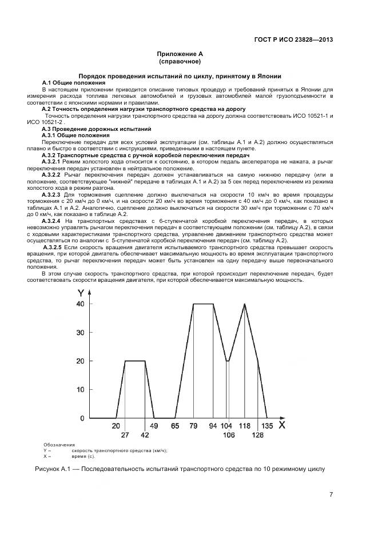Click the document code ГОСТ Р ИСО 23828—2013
pos(293,40)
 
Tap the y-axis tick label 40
pos(80,304)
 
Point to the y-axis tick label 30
pos(80,333)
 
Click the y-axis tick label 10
pos(80,390)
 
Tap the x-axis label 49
pos(154,426)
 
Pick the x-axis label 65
pos(175,426)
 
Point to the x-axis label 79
pos(193,426)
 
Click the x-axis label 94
pos(213,426)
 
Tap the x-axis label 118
pos(244,426)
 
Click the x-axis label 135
pos(267,426)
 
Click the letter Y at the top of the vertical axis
pos(81,292)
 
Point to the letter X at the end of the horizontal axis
pos(281,425)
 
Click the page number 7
pos(331,495)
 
